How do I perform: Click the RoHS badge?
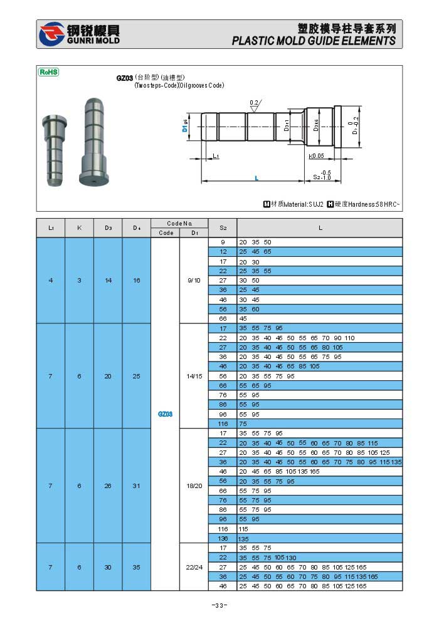(x=48, y=72)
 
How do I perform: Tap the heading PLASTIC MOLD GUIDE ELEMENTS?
(x=314, y=41)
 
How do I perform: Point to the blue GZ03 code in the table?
(x=165, y=414)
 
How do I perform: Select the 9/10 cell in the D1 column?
(x=194, y=280)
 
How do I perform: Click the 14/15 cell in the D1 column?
(x=194, y=376)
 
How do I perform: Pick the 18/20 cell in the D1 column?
(x=194, y=486)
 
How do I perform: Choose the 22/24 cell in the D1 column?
(x=194, y=567)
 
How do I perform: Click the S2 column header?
(x=223, y=228)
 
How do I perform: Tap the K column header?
(x=79, y=228)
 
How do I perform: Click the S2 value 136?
(x=223, y=539)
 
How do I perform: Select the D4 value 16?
(x=137, y=280)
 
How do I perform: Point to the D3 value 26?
(x=108, y=486)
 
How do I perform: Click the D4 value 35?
(x=137, y=567)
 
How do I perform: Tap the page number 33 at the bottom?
(x=219, y=605)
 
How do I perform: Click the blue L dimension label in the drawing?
(x=257, y=179)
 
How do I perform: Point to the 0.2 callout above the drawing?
(x=254, y=102)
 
